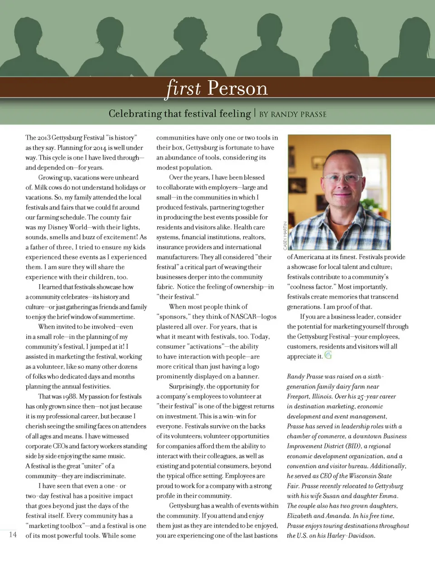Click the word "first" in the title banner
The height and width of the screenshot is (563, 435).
pos(184,87)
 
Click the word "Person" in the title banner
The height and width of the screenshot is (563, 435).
pos(237,88)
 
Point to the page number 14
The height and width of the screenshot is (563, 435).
pos(13,535)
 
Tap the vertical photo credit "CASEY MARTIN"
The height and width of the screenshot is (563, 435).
pos(285,235)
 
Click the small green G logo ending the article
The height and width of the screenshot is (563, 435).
pos(328,355)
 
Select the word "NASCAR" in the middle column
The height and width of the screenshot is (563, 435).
pos(243,317)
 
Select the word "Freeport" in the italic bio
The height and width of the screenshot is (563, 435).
pos(298,397)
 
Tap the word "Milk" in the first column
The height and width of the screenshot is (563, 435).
pos(42,187)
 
